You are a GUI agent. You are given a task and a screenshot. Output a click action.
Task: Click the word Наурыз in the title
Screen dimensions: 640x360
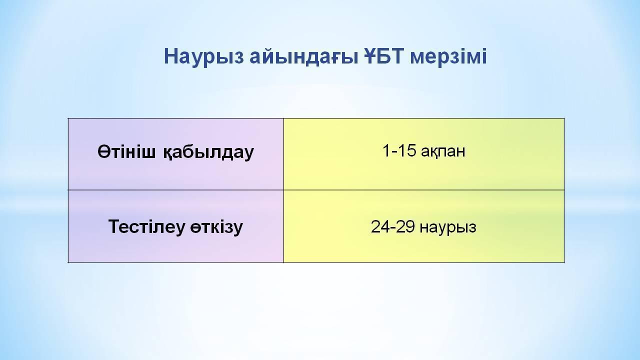204,57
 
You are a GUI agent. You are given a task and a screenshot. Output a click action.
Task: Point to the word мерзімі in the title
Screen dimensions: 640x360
448,57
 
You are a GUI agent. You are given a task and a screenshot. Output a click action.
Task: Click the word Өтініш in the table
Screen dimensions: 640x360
127,151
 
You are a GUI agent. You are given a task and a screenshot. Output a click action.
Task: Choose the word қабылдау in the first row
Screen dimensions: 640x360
208,152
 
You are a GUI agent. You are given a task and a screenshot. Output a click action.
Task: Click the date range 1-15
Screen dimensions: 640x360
399,150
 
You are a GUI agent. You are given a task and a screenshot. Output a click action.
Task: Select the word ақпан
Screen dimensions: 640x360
443,151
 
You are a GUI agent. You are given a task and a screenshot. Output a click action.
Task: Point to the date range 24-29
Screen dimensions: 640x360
393,227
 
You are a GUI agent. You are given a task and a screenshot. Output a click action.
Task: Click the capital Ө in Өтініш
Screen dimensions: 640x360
104,151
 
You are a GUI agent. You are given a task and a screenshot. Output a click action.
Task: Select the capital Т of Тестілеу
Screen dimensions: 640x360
114,226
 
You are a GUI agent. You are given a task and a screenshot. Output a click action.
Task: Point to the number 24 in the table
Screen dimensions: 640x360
379,227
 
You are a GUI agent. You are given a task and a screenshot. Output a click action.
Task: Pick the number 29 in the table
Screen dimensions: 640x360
406,227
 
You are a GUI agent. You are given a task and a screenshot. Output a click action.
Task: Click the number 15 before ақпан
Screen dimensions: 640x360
406,150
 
